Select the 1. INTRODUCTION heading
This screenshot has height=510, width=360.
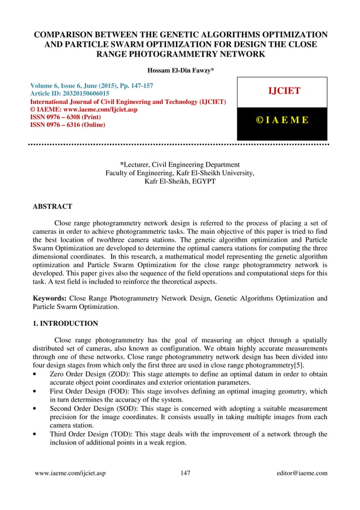(x=66, y=324)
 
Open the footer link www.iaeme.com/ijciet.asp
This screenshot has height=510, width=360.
(x=68, y=473)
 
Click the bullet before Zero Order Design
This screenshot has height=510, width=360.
(x=36, y=374)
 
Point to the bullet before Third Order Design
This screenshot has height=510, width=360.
(x=36, y=435)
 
